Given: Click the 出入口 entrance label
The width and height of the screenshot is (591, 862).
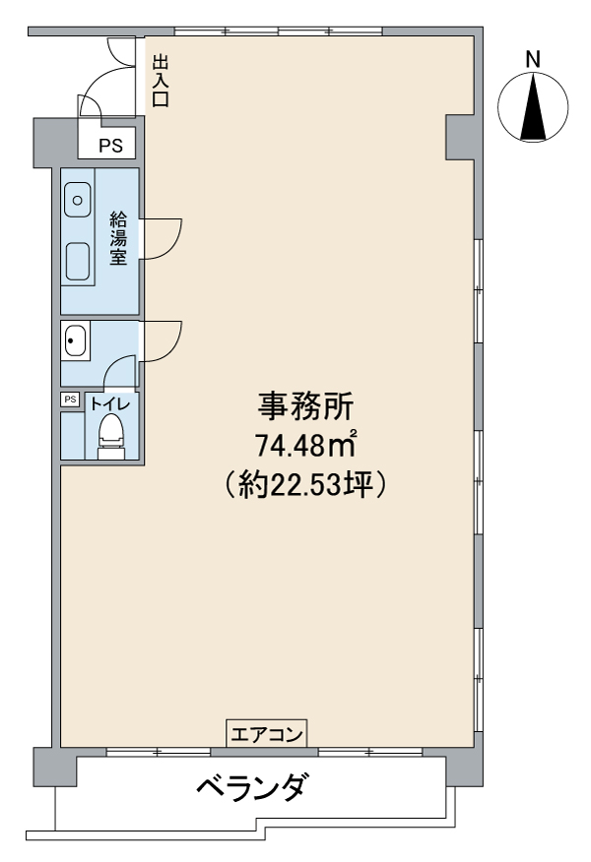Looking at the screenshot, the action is [161, 81].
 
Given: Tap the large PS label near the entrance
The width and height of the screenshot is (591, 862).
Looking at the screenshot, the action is [110, 146].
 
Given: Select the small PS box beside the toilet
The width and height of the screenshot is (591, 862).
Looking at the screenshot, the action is [70, 400].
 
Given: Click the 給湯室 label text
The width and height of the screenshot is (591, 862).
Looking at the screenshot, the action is [118, 238].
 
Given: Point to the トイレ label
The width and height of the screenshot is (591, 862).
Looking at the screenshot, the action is [110, 404].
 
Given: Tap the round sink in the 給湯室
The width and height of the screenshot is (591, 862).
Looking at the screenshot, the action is [78, 200].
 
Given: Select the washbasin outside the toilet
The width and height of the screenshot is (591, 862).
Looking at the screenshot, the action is [74, 340].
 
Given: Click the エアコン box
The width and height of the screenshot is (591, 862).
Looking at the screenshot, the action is [267, 733].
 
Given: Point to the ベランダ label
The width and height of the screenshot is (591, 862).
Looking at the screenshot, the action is [250, 786].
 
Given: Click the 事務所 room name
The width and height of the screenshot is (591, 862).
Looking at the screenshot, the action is [306, 406].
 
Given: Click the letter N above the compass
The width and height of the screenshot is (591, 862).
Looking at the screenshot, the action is [533, 59].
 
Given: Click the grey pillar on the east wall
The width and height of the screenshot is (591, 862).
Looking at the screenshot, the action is [459, 138].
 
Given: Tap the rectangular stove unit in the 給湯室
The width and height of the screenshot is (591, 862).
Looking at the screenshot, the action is [78, 261].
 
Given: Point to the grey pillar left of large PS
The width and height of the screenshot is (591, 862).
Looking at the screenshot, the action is [55, 143].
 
